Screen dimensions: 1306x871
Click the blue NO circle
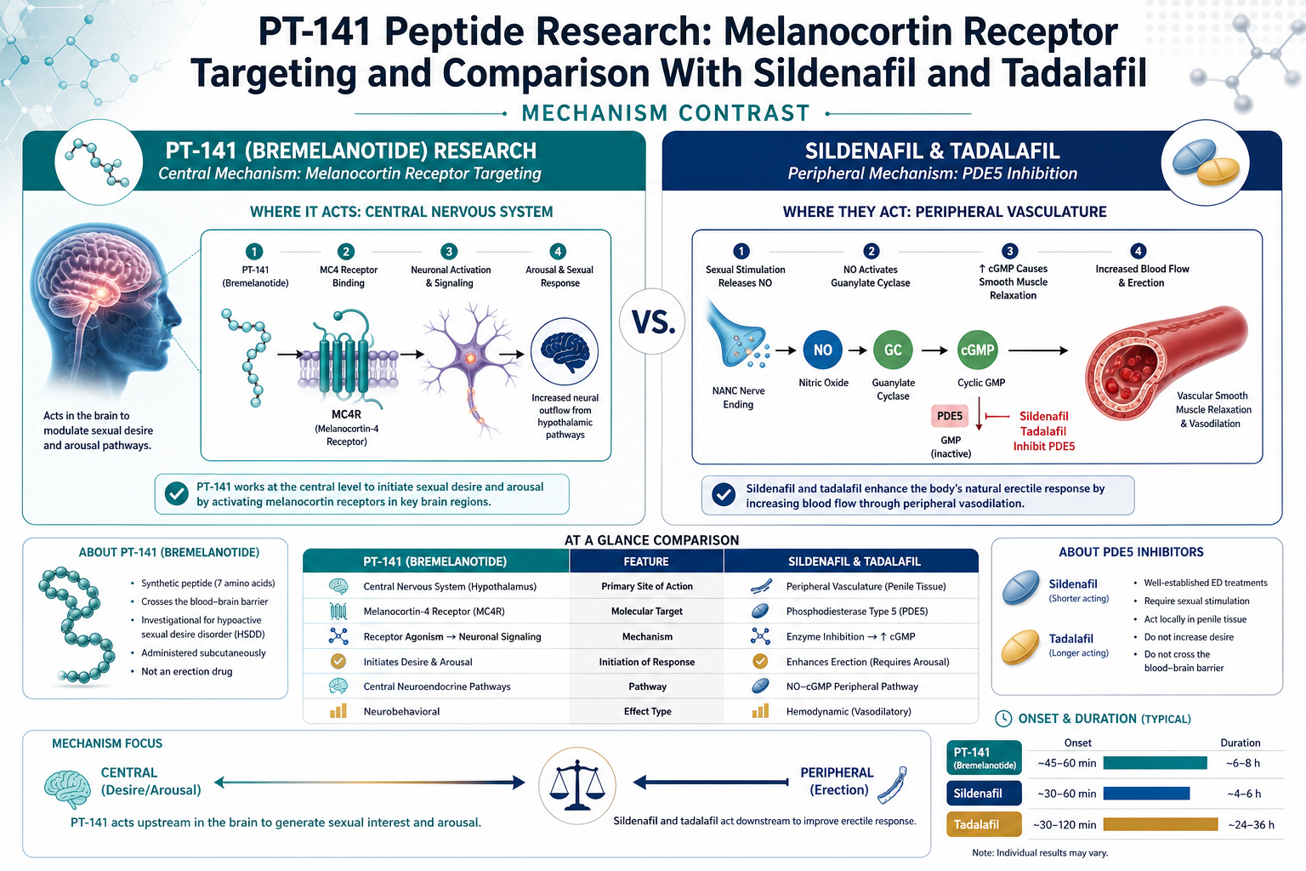tap(823, 350)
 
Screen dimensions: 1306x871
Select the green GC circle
tap(893, 350)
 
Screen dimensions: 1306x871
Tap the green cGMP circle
tap(977, 350)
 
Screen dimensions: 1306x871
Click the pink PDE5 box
tap(950, 416)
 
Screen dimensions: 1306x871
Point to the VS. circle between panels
tap(653, 322)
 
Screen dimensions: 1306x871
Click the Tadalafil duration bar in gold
tap(1161, 824)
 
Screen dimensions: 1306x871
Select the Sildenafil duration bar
tap(1146, 794)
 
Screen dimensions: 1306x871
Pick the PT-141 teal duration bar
tap(1155, 762)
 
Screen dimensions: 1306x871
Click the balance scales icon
tap(577, 785)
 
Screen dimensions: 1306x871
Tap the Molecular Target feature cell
tap(646, 612)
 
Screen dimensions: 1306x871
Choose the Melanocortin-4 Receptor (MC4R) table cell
tap(434, 612)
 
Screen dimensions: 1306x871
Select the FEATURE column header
tap(646, 561)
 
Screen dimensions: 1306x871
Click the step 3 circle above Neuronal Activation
tap(449, 252)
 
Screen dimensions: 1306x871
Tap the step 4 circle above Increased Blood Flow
tap(1138, 251)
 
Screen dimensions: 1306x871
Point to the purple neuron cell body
tap(470, 357)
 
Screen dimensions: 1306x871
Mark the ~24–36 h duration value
tap(1252, 825)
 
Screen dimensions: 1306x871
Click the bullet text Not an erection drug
tap(186, 671)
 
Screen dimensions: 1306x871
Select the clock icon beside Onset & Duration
tap(1003, 719)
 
